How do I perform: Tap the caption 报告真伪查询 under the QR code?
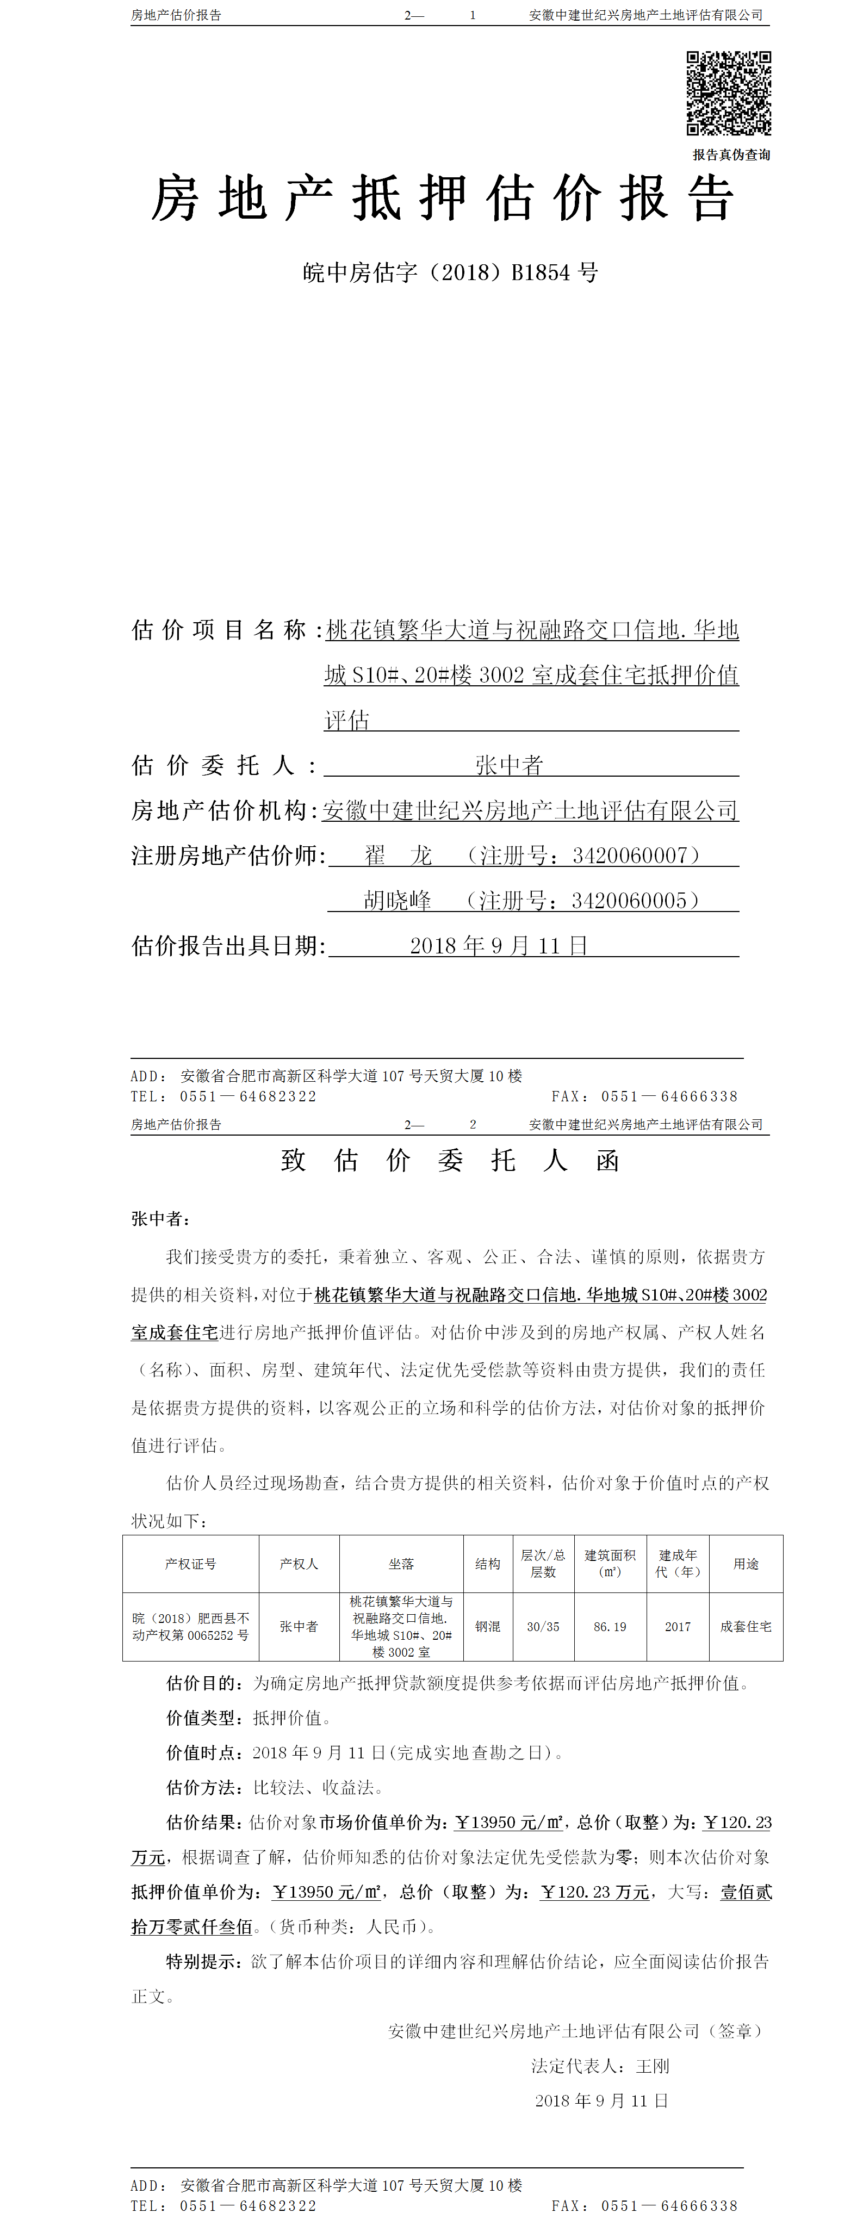click(x=731, y=155)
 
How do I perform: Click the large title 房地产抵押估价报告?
click(x=443, y=199)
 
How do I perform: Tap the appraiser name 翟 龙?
click(x=398, y=856)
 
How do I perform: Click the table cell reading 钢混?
click(x=487, y=1626)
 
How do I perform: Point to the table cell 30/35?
click(x=543, y=1626)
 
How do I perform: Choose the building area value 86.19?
click(x=610, y=1626)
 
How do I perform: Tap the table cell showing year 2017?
click(x=678, y=1626)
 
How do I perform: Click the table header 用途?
click(x=746, y=1564)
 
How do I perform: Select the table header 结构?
click(x=487, y=1564)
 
